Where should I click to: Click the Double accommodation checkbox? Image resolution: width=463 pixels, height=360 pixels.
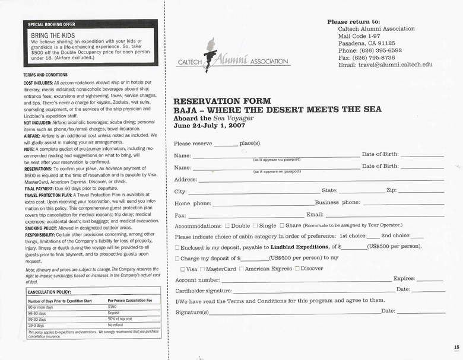(227, 226)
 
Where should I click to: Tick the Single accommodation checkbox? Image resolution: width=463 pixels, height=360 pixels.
(256, 226)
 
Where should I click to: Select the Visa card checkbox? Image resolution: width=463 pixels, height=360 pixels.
(182, 269)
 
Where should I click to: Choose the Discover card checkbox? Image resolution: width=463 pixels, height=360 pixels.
(297, 269)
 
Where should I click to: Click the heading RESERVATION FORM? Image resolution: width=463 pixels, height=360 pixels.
(222, 101)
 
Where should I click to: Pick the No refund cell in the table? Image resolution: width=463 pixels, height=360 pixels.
(116, 326)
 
